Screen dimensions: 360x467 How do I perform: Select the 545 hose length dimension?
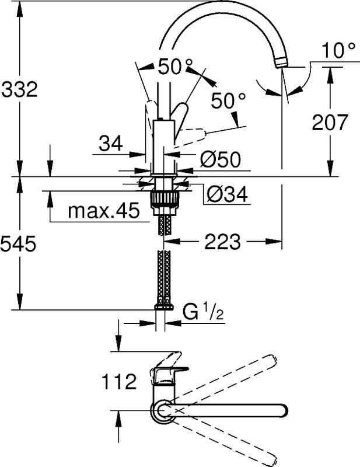(19, 243)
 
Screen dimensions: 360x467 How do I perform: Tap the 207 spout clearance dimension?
(330, 122)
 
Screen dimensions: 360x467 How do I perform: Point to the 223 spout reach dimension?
(222, 241)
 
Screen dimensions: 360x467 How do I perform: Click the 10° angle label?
(338, 50)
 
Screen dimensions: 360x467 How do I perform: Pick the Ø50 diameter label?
(220, 159)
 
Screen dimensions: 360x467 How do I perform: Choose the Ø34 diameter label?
(227, 195)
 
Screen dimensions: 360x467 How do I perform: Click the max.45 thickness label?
(104, 211)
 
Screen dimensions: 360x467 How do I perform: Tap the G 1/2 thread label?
(203, 313)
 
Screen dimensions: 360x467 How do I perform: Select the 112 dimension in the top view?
(119, 382)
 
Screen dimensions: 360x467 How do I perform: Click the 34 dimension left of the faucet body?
(111, 143)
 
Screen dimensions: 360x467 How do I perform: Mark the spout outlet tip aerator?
(281, 63)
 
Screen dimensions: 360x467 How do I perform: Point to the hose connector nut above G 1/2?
(164, 307)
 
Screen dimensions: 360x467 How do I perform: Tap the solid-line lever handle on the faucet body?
(179, 119)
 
